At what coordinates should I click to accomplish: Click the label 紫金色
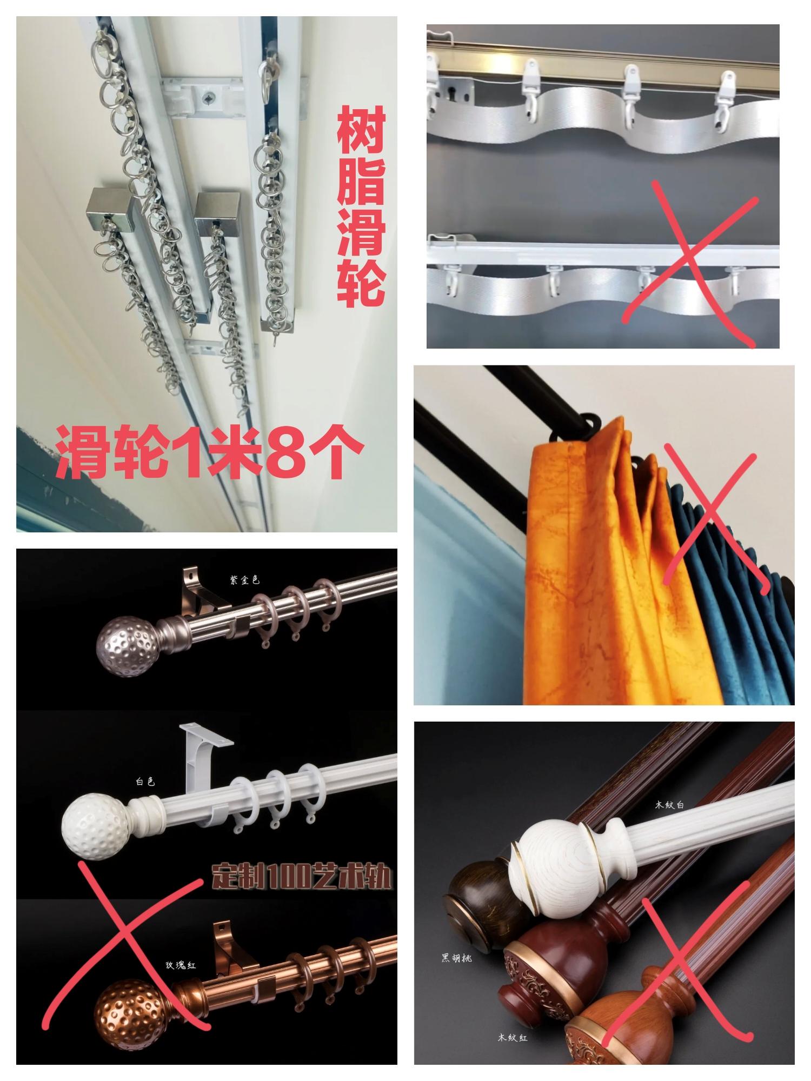[244, 580]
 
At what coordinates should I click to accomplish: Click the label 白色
[145, 782]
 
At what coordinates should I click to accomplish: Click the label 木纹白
[669, 805]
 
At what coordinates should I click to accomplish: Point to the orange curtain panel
[579, 568]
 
